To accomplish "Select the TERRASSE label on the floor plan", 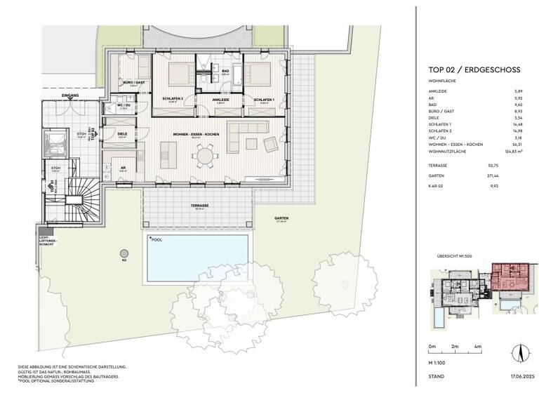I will tap(198, 206).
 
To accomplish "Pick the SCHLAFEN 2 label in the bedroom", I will tap(172, 99).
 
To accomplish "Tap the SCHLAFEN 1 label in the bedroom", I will tap(264, 99).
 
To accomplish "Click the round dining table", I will tap(205, 154).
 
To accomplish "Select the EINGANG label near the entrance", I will tap(71, 94).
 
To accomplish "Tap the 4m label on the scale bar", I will tap(477, 347).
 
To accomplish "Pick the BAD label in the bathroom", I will tap(226, 71).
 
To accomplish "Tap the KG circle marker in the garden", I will tap(124, 253).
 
